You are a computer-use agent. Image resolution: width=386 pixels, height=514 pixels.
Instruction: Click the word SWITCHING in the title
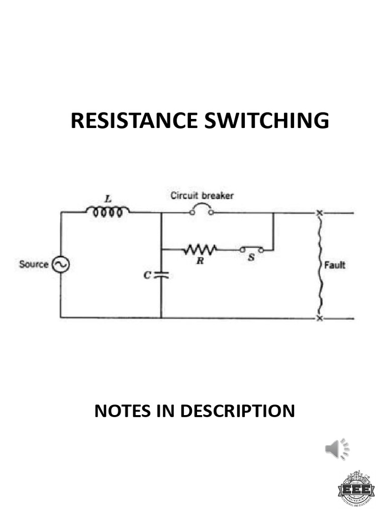266,121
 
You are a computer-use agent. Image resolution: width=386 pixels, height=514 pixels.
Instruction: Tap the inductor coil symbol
107,212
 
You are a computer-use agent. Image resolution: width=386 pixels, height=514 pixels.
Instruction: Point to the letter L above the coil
108,199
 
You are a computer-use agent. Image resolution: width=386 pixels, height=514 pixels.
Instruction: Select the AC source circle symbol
60,265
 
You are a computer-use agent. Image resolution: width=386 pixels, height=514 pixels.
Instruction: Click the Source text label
34,265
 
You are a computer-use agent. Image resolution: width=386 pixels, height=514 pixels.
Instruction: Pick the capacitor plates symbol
161,275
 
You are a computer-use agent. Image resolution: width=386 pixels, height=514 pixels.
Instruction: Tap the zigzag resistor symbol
200,249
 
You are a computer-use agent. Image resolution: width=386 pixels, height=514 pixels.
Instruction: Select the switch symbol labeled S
251,249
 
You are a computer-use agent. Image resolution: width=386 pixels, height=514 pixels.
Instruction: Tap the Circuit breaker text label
202,196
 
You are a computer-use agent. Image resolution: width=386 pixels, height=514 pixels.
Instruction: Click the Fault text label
334,265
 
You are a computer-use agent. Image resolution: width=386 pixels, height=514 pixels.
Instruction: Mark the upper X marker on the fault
319,213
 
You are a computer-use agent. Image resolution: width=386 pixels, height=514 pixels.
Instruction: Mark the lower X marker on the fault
319,318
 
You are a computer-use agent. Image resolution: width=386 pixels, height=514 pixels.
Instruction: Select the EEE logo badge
356,488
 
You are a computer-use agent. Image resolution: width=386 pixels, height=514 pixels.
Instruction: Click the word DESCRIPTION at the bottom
237,411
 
